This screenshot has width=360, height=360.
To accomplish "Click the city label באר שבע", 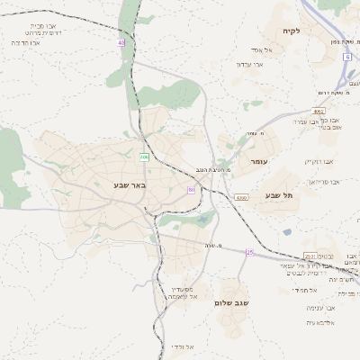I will [x=135, y=184].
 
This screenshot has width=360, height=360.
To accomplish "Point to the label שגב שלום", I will [x=231, y=303].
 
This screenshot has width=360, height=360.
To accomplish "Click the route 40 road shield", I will [x=121, y=42].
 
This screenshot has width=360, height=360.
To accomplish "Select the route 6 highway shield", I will [x=346, y=57].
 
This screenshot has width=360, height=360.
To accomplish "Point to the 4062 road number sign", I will [x=319, y=112].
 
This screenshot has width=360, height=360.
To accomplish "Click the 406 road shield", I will [x=143, y=157].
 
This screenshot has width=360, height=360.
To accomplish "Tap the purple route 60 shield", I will [x=191, y=191].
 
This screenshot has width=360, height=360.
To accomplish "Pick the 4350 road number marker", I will [x=240, y=197].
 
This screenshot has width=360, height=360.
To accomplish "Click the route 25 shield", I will [x=250, y=253].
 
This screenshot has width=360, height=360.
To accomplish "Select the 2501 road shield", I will [x=309, y=256].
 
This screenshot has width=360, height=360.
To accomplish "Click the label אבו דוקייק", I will [x=319, y=161].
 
